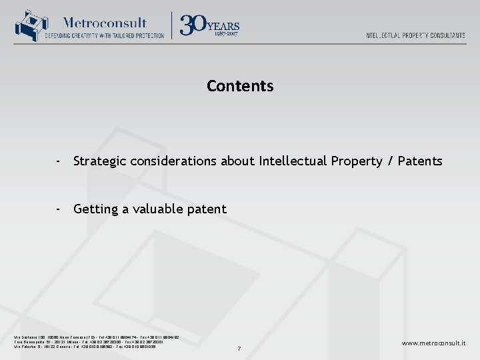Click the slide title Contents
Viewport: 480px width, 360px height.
pos(240,86)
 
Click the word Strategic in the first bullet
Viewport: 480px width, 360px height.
pos(100,161)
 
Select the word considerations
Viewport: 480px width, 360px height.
pos(175,161)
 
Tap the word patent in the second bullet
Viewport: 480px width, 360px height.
pos(208,209)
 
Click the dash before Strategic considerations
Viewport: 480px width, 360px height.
pos(59,161)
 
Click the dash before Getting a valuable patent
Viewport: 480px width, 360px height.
pos(59,209)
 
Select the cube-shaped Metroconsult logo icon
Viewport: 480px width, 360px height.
pos(28,26)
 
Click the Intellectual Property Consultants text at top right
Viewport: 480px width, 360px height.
pos(415,35)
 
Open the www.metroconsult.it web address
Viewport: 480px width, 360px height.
pos(433,343)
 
